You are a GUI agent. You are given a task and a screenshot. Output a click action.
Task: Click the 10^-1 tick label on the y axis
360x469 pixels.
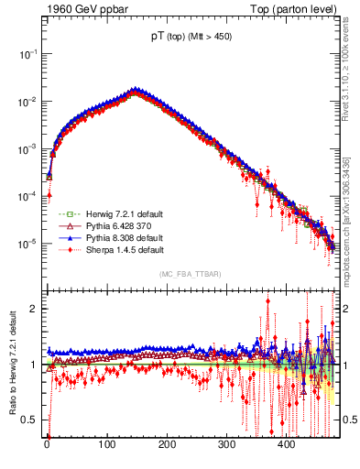(26, 54)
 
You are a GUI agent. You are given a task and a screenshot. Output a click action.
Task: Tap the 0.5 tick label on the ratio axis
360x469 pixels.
(29, 420)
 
